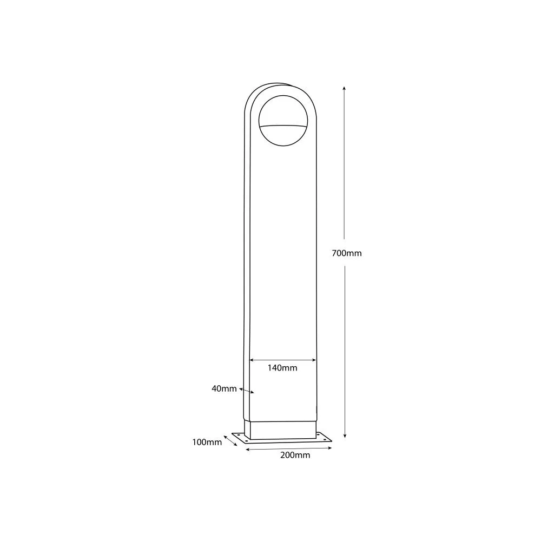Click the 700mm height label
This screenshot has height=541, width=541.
pyautogui.click(x=346, y=253)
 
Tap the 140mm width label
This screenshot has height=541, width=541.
pyautogui.click(x=282, y=368)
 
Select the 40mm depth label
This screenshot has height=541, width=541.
pyautogui.click(x=224, y=389)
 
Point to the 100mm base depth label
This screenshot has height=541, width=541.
pyautogui.click(x=207, y=442)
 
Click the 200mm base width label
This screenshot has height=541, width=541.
pyautogui.click(x=295, y=455)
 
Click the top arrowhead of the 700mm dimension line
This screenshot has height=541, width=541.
pyautogui.click(x=344, y=88)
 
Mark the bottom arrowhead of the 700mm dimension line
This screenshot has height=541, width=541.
pyautogui.click(x=345, y=436)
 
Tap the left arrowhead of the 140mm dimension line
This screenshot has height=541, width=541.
pyautogui.click(x=252, y=360)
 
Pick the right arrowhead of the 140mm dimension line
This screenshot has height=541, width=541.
pyautogui.click(x=314, y=360)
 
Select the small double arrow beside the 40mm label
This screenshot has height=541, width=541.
pyautogui.click(x=246, y=391)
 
